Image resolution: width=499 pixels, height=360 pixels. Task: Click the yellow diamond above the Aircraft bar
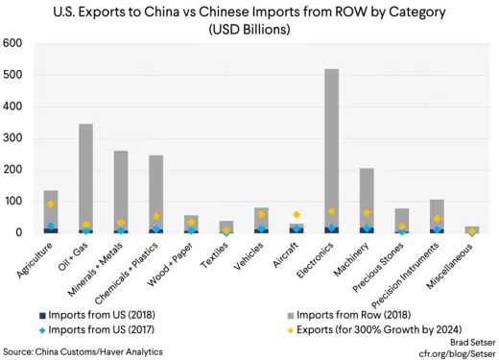(x=297, y=215)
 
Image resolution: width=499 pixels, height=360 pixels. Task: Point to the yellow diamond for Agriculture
(x=51, y=204)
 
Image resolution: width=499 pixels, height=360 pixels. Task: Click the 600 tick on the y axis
(x=13, y=44)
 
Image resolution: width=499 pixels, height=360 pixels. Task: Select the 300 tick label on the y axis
(x=13, y=138)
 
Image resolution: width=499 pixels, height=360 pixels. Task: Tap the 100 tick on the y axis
(x=13, y=202)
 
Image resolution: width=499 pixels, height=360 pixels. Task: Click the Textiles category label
(x=214, y=252)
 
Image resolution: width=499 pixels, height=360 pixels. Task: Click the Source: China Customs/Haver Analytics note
(x=94, y=349)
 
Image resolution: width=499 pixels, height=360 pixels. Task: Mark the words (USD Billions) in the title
(x=249, y=29)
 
